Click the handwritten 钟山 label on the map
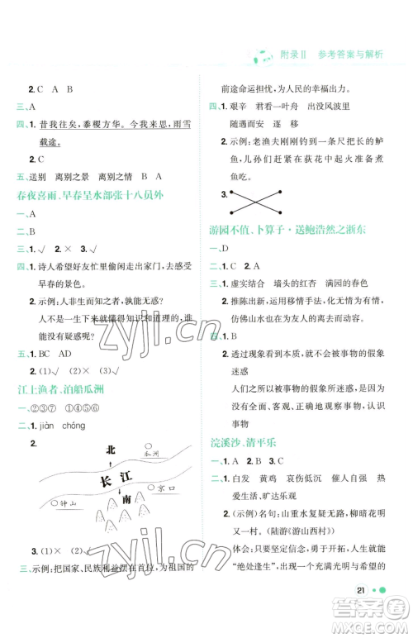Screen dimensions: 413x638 62,502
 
